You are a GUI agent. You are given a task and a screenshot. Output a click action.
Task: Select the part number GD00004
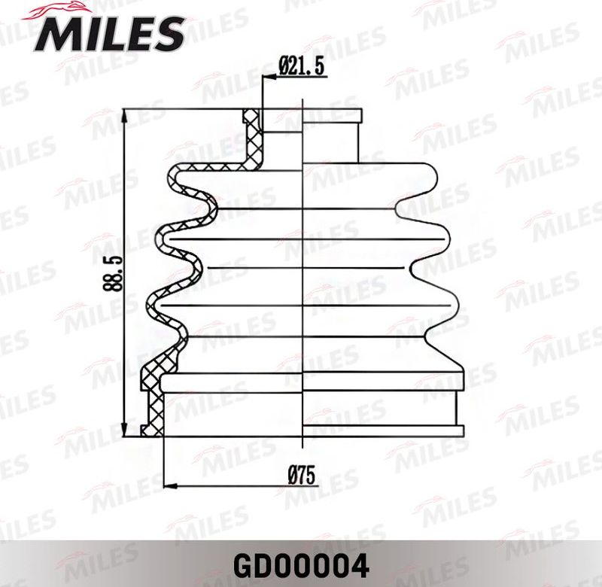(301, 563)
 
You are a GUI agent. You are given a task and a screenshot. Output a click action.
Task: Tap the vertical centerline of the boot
(303, 271)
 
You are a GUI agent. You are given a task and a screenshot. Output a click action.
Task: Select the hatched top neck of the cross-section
(252, 135)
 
